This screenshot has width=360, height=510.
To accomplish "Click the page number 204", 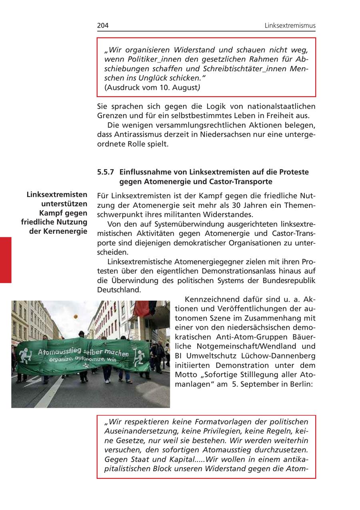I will tap(103, 26).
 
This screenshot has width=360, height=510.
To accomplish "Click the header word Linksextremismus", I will tap(290, 26).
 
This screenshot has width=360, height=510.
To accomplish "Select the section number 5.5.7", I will tap(106, 172).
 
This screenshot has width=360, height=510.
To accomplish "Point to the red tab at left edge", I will tap(6, 260).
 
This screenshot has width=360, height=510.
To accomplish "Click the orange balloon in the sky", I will tap(75, 317).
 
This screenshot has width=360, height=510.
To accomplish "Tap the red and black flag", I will tap(142, 309).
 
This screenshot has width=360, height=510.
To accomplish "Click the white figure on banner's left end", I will tap(25, 354).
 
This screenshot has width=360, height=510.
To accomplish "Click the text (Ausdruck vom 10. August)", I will tap(152, 88).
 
